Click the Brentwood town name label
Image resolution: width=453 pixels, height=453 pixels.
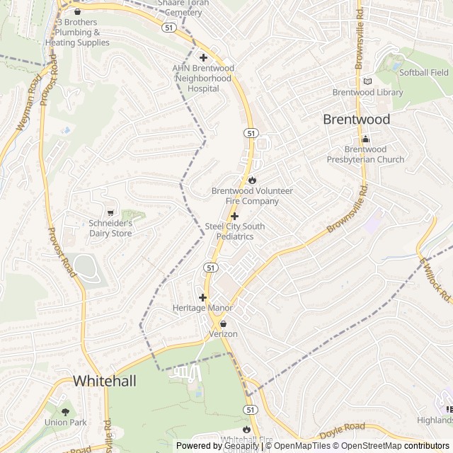(356, 120)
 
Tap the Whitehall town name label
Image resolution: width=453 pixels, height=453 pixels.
(104, 381)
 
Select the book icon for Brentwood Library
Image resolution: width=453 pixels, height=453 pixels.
(367, 81)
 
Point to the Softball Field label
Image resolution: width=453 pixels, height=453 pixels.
(424, 72)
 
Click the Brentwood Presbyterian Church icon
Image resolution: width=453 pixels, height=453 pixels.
(365, 139)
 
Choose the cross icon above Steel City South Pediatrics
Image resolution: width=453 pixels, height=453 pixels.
(235, 215)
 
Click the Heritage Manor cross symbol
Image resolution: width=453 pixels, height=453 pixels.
(202, 297)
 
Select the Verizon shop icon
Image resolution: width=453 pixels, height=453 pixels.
(223, 323)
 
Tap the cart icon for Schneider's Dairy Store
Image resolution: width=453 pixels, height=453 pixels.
(110, 212)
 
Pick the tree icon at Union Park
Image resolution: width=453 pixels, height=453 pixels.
(65, 412)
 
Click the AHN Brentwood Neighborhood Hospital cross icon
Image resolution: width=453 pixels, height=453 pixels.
(203, 57)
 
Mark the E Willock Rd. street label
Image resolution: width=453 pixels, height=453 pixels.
(435, 280)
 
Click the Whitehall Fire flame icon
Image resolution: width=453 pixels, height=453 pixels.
(246, 430)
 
